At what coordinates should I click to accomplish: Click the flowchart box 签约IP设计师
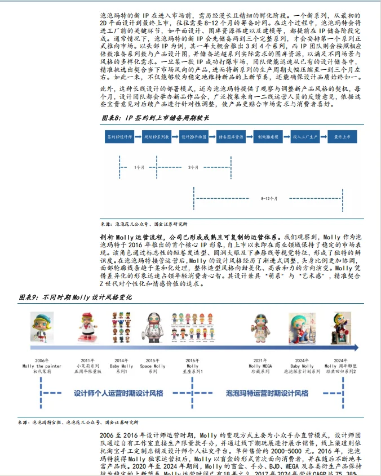[x=119, y=137]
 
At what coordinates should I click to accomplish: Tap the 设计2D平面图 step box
[x=193, y=137]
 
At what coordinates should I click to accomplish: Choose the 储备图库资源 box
[x=231, y=137]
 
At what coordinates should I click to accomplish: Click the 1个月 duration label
[x=139, y=167]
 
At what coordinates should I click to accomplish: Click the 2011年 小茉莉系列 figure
[x=90, y=330]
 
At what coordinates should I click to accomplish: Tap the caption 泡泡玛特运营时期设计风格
[x=267, y=393]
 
